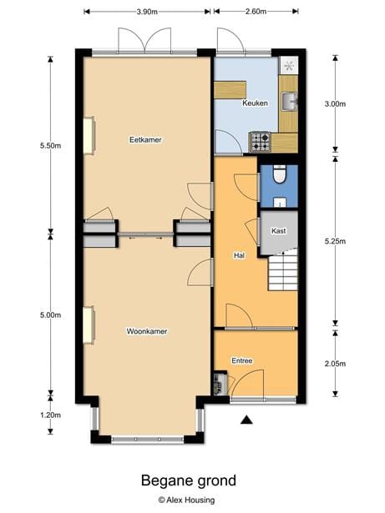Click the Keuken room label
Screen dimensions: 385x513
click(255, 103)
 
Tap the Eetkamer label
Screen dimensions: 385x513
click(145, 140)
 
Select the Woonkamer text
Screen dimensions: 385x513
click(147, 331)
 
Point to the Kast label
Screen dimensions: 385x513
click(278, 231)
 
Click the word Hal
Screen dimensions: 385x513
click(239, 255)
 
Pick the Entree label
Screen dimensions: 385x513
click(242, 360)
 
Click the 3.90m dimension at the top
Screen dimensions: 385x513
click(147, 12)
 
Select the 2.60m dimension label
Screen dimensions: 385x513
click(256, 12)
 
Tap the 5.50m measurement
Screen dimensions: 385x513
click(50, 146)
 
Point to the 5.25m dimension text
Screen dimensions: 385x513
click(335, 241)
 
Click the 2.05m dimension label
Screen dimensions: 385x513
click(335, 364)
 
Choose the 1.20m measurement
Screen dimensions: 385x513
click(50, 415)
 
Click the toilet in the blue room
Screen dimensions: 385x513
click(280, 174)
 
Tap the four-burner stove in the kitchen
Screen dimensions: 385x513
click(260, 142)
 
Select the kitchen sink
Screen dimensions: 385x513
click(289, 102)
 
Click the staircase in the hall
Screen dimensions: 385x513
click(283, 269)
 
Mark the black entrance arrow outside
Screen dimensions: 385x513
click(246, 420)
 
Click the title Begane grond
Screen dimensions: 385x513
click(189, 480)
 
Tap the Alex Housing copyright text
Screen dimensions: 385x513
click(186, 500)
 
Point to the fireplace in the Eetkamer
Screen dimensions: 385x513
click(89, 135)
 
